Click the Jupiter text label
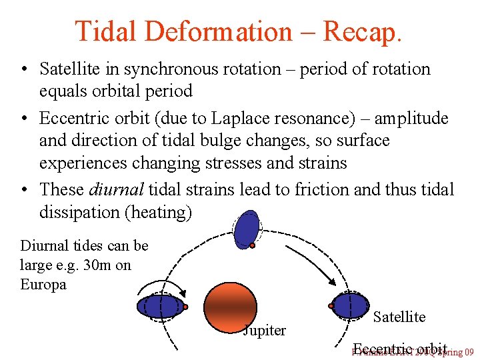click(x=264, y=330)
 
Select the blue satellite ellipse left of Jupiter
click(x=160, y=306)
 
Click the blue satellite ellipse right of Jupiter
click(x=349, y=305)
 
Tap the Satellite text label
click(x=399, y=317)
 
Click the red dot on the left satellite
click(x=185, y=307)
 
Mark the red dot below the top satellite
click(x=253, y=246)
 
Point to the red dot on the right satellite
click(x=331, y=306)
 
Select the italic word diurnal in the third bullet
click(x=116, y=189)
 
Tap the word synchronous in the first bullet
click(x=169, y=69)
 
